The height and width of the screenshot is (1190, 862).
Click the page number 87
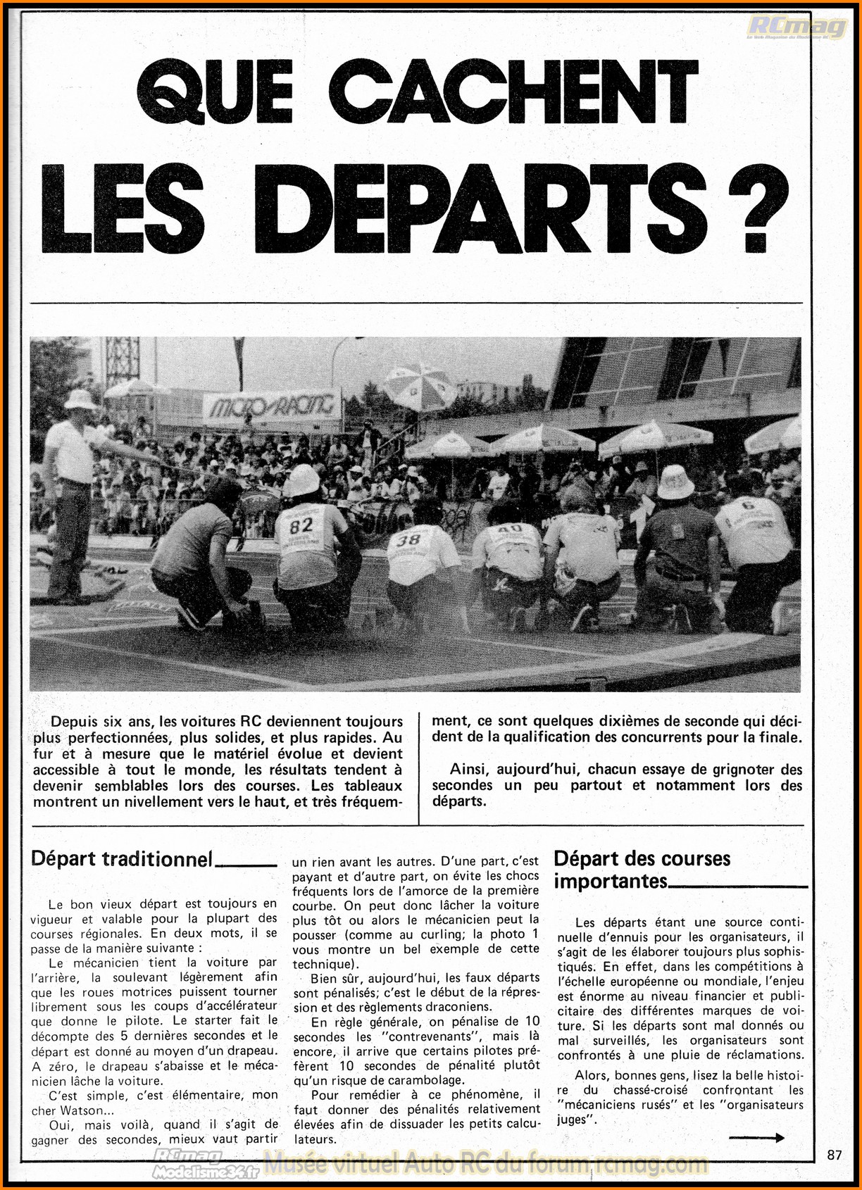[835, 1155]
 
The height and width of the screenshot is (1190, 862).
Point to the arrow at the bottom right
[756, 1137]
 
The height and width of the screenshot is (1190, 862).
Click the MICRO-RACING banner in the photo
[272, 406]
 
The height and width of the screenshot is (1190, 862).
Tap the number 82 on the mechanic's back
[301, 526]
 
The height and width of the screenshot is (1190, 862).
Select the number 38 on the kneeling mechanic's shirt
[408, 540]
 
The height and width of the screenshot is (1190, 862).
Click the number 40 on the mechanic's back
[509, 529]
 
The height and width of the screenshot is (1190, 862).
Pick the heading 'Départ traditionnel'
[121, 859]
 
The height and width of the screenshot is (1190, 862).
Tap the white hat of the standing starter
[80, 399]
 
